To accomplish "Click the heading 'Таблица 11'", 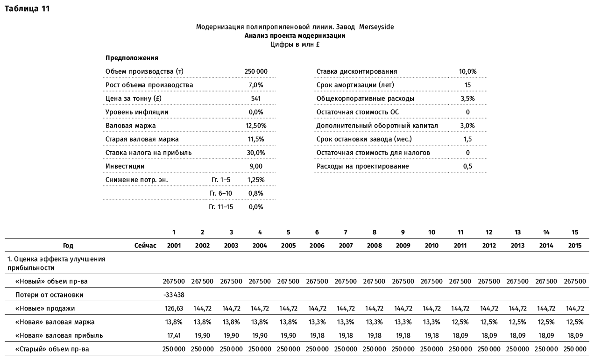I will point(27,8).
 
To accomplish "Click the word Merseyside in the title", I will point(376,27).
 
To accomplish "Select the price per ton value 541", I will point(256,99).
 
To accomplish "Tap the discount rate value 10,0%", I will point(467,71).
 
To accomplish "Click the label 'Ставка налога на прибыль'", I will point(148,153).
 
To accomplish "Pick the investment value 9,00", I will point(256,166).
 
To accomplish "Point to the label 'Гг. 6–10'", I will point(221,193).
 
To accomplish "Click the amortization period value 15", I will point(467,85).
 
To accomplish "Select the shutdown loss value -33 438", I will point(174,295).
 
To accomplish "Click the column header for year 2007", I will point(346,246).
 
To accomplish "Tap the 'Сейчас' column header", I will point(145,246).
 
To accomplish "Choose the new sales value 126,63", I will point(174,308).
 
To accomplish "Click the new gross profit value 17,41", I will point(174,335).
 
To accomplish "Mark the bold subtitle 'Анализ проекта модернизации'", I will point(295,36).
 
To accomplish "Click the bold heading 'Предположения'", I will point(132,58).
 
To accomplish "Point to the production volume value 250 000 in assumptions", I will point(256,71).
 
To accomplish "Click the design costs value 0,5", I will point(467,166).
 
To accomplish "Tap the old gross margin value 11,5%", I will point(256,139).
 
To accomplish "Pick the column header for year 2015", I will point(574,246).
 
